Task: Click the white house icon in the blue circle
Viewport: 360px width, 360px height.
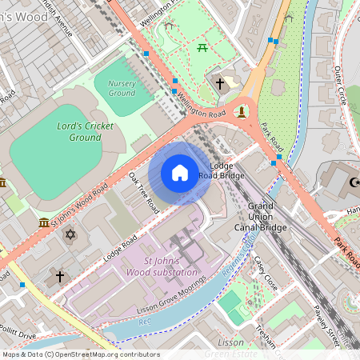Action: [180, 173]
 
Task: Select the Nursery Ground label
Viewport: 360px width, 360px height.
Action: [121, 88]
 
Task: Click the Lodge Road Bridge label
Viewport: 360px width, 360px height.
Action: [221, 170]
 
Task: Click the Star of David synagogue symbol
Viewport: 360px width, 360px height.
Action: [70, 234]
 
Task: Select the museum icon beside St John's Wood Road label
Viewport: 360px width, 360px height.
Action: [43, 222]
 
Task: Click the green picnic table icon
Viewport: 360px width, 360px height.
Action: [202, 48]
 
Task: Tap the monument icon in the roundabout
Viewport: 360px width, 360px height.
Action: [242, 110]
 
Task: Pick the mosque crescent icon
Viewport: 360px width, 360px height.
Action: [353, 183]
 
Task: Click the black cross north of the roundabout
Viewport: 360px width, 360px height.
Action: [220, 83]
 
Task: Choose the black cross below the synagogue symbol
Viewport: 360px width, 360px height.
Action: [59, 277]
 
